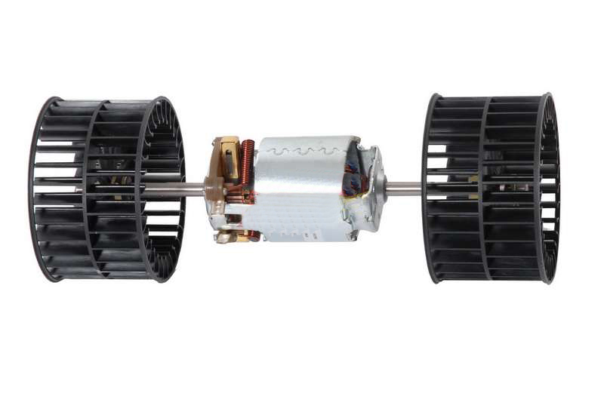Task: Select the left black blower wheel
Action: (x=106, y=189)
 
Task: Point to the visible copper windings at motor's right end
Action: (x=353, y=182)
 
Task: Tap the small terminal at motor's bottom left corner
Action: (x=225, y=237)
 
